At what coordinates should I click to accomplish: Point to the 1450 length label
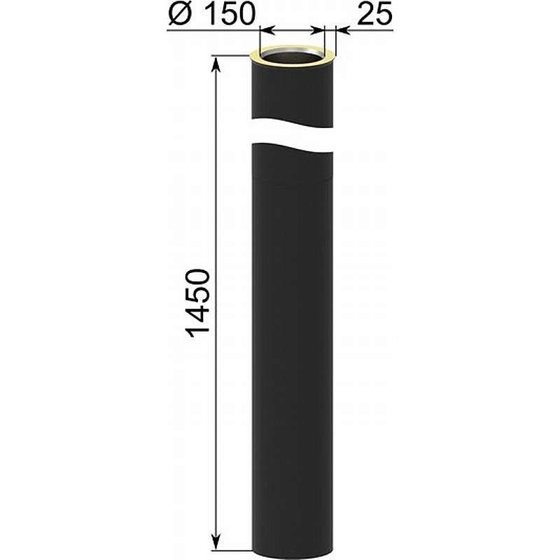point(197,303)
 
